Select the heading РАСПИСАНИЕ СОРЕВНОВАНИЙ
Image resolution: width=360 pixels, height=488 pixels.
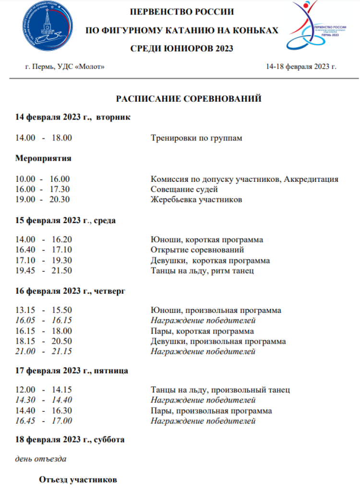(x=189, y=99)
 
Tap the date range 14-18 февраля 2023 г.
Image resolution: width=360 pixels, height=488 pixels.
(x=301, y=66)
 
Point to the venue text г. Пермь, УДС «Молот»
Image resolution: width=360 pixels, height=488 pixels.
(x=65, y=66)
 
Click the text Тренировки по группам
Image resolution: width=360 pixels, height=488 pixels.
(x=196, y=138)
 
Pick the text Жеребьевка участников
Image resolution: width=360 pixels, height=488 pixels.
(x=196, y=200)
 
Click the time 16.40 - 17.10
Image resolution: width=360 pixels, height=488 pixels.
(x=44, y=250)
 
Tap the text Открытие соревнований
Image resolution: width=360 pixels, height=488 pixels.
(x=197, y=250)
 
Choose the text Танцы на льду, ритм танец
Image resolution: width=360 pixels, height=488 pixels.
(x=202, y=271)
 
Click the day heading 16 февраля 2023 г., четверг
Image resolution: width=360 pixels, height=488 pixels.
(x=71, y=291)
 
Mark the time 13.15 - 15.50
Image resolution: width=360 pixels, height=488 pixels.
(x=44, y=310)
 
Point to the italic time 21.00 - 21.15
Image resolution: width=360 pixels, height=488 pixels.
(x=44, y=352)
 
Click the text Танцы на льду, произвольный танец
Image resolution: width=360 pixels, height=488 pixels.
(x=220, y=390)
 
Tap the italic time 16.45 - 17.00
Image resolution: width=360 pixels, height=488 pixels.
(x=44, y=421)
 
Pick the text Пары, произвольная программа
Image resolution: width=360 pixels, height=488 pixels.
(x=211, y=411)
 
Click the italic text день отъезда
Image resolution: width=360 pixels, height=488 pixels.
(x=41, y=459)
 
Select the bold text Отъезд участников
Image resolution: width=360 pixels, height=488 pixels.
(x=78, y=479)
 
